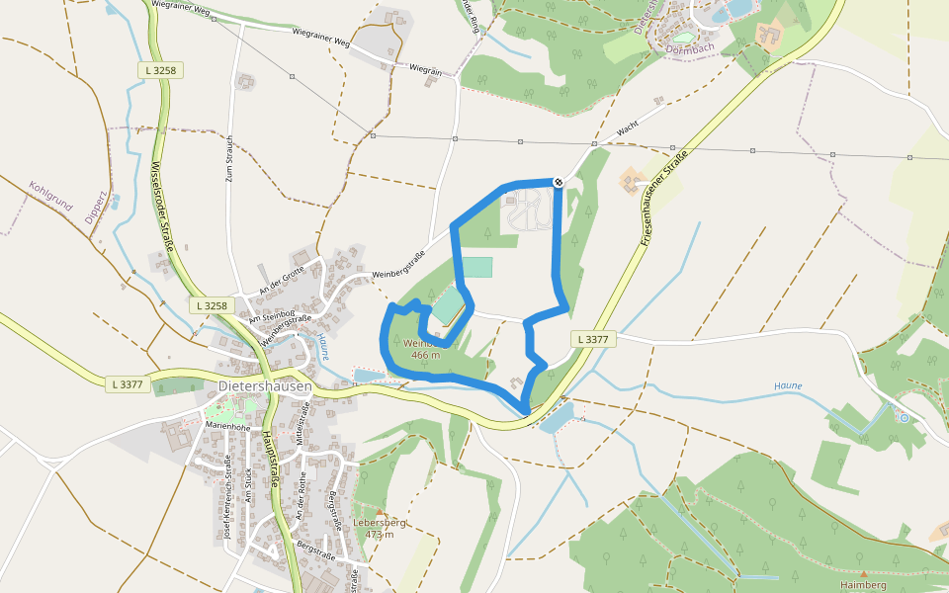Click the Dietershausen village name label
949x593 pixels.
tap(264, 385)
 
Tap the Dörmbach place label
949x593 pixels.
tap(689, 47)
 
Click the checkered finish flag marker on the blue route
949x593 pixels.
tap(559, 182)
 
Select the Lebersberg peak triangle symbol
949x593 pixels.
tap(378, 511)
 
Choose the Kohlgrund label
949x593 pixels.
tap(50, 195)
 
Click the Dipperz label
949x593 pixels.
tap(94, 203)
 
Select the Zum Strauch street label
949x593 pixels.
tap(229, 160)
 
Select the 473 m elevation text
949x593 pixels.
tap(379, 535)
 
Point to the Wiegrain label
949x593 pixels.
tap(425, 70)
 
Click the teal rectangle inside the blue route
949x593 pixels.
tap(477, 267)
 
